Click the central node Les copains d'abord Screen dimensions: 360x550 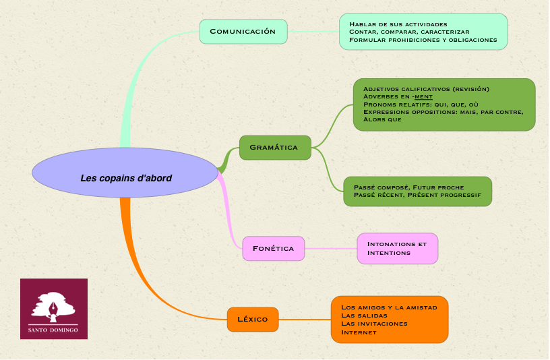pyautogui.click(x=125, y=179)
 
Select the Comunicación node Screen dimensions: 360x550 pyautogui.click(x=243, y=32)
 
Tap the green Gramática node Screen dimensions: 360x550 pyautogui.click(x=274, y=148)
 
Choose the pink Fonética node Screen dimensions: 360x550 pyautogui.click(x=273, y=248)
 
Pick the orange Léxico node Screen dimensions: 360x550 pyautogui.click(x=253, y=319)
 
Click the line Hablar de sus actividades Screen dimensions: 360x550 pyautogui.click(x=402, y=24)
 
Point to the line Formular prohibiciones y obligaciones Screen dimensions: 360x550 pyautogui.click(x=423, y=40)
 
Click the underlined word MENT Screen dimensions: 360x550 pyautogui.click(x=423, y=96)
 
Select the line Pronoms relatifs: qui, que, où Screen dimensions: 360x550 pyautogui.click(x=421, y=104)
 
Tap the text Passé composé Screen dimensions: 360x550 pyautogui.click(x=381, y=186)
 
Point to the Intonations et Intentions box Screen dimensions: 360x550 pyautogui.click(x=397, y=248)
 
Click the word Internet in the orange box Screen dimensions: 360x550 pyautogui.click(x=359, y=332)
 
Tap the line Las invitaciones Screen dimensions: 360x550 pyautogui.click(x=374, y=324)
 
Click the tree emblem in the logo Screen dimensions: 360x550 pyautogui.click(x=53, y=305)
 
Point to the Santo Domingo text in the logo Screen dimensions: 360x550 pyautogui.click(x=53, y=330)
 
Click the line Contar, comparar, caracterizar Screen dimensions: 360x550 pyautogui.click(x=409, y=32)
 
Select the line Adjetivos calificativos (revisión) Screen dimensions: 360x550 pyautogui.click(x=426, y=89)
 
